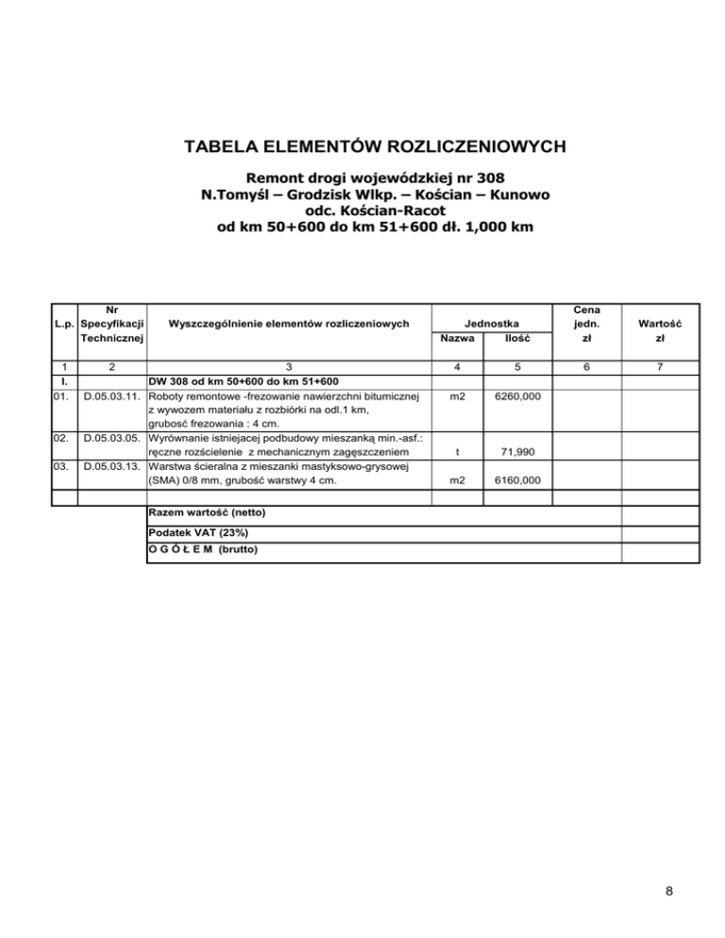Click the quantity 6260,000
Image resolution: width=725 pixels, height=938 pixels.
pyautogui.click(x=518, y=397)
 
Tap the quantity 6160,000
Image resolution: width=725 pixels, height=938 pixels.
pyautogui.click(x=518, y=480)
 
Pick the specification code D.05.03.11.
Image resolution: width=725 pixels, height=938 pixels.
pyautogui.click(x=112, y=397)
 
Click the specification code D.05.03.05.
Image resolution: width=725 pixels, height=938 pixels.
pyautogui.click(x=112, y=439)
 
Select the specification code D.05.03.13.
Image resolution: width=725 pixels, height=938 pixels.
pyautogui.click(x=112, y=466)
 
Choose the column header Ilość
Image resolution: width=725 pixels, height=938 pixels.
pyautogui.click(x=518, y=337)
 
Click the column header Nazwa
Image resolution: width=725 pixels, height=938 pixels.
pyautogui.click(x=457, y=337)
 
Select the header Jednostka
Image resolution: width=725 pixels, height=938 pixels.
pyautogui.click(x=488, y=323)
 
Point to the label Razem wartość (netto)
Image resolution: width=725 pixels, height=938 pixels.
pyautogui.click(x=208, y=512)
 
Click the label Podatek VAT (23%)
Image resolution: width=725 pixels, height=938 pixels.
pyautogui.click(x=196, y=533)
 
